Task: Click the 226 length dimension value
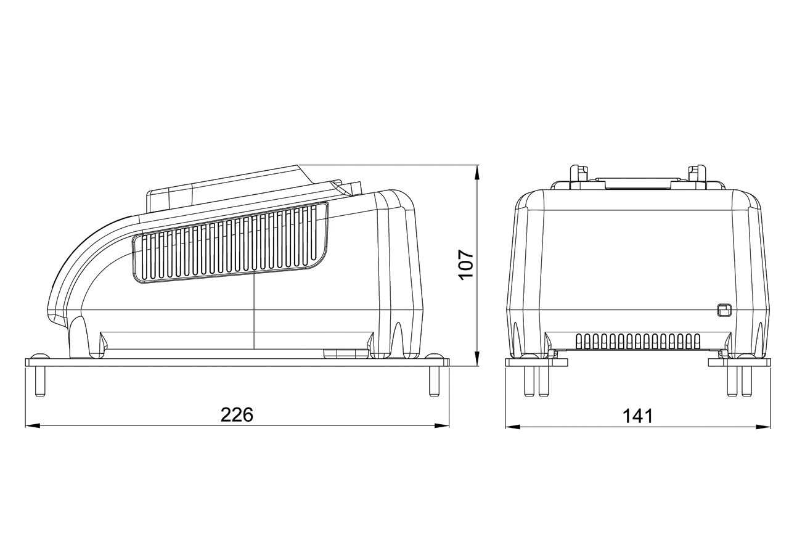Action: coord(237,414)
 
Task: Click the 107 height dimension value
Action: coord(467,265)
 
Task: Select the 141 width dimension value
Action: coord(638,416)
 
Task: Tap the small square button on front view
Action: coord(724,310)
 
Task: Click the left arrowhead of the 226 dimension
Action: coord(33,426)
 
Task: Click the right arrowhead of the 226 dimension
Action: coord(441,426)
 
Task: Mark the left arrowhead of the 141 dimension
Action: coord(513,427)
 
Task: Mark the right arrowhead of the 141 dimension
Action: coord(762,427)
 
